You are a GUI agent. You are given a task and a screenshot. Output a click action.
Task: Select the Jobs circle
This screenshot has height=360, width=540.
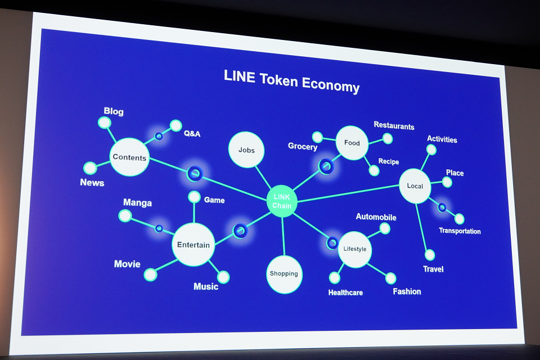[x=246, y=150]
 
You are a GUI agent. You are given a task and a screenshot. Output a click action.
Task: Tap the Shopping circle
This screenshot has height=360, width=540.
[x=284, y=274]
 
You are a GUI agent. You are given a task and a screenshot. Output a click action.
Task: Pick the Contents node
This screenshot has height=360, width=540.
[x=129, y=157]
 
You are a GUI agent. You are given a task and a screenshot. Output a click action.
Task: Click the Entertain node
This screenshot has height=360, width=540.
[x=193, y=244]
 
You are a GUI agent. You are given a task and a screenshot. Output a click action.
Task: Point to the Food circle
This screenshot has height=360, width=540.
[x=352, y=143]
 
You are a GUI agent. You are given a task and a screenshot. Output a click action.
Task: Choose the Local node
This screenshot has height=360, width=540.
[x=415, y=186]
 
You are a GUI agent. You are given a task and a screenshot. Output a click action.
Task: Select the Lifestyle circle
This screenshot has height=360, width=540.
[x=355, y=249]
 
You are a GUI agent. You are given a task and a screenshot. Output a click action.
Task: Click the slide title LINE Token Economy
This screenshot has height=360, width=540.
[x=291, y=80]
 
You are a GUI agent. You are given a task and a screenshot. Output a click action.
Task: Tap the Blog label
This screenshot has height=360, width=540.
[x=114, y=111]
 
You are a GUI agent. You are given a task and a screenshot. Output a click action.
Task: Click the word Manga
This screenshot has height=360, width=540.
[x=138, y=202]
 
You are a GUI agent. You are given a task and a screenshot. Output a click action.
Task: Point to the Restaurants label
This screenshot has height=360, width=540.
[x=394, y=126]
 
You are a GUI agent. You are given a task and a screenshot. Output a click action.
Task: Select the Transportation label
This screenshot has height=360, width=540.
[x=460, y=231]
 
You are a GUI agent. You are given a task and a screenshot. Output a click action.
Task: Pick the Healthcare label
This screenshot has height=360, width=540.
[x=345, y=292]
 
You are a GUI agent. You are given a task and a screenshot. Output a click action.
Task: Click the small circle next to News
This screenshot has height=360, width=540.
[x=90, y=168]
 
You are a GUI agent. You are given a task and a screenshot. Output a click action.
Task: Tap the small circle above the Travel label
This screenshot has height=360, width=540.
[x=430, y=255]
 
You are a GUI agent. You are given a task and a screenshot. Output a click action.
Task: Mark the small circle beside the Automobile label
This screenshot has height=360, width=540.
[x=385, y=228]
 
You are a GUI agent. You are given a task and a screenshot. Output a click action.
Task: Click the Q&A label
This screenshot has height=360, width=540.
[x=192, y=134]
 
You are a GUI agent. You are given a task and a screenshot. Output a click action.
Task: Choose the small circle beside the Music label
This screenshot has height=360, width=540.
[x=223, y=277]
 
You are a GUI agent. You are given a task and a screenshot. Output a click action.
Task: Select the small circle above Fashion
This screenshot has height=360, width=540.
[x=390, y=278]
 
